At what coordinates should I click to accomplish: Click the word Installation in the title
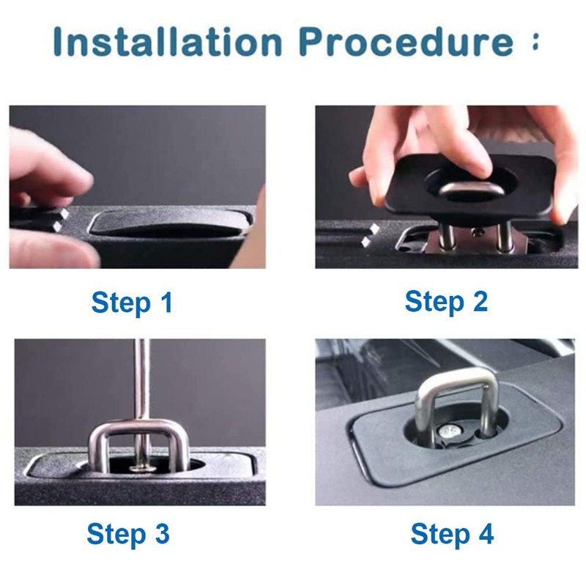point(168,41)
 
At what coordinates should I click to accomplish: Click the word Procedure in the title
point(407,41)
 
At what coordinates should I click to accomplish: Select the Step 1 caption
point(132,303)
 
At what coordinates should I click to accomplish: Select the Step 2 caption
point(446,302)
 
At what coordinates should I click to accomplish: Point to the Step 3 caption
point(128,534)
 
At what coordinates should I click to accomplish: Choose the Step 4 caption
point(452,534)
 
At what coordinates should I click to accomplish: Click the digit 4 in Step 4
point(486,533)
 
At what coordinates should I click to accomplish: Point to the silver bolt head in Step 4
point(450,431)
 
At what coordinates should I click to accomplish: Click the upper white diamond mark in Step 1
point(64,214)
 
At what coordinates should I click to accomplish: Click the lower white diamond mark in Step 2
point(366,242)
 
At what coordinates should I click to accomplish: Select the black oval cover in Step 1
point(171,224)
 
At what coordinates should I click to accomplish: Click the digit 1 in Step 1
point(167,302)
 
